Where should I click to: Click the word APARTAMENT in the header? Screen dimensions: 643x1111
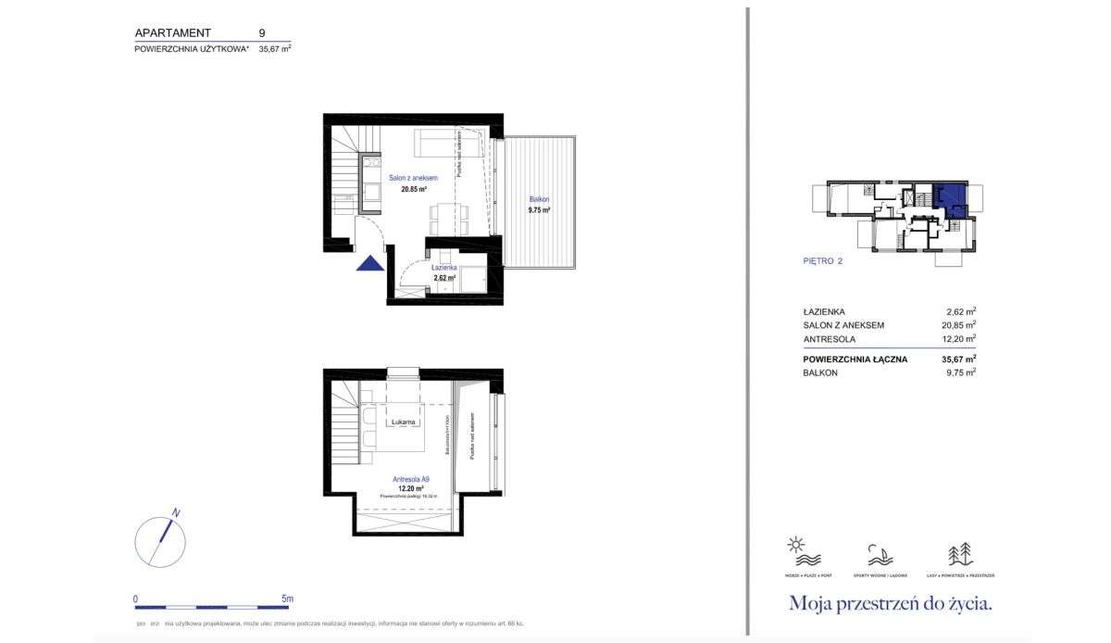172,32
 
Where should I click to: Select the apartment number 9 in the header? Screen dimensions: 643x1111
262,32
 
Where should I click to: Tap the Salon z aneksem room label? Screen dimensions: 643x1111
413,178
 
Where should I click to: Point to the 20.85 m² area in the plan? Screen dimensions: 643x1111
413,189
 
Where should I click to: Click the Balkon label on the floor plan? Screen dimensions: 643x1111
539,199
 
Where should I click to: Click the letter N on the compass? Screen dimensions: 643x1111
176,513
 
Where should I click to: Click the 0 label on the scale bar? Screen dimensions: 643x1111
135,599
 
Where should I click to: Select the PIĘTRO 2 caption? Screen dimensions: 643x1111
822,261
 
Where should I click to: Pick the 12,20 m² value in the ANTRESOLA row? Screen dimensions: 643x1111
958,339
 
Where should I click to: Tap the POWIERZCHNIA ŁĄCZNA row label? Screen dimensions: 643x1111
855,359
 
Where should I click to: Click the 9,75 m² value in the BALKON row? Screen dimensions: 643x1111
959,372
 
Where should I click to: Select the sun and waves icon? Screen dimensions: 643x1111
797,552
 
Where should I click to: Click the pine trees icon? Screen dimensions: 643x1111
959,554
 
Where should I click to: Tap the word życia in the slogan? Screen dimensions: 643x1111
963,604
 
